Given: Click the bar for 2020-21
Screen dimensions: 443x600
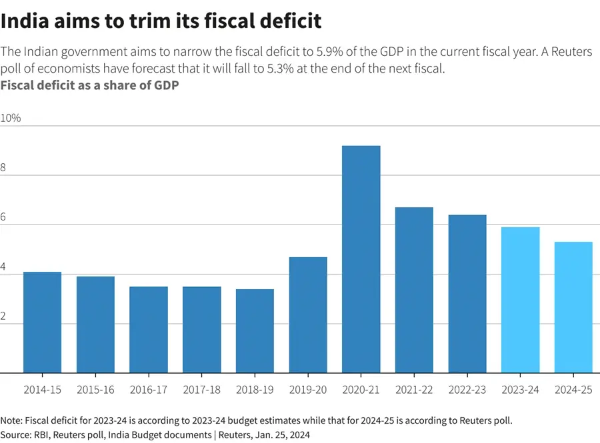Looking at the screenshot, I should coord(361,259).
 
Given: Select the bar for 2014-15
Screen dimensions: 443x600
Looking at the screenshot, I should coord(42,322).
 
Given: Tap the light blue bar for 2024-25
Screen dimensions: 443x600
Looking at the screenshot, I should coord(573,307).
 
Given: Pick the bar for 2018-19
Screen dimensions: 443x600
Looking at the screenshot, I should coord(255,331).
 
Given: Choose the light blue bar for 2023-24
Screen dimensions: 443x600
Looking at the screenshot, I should coord(520,300).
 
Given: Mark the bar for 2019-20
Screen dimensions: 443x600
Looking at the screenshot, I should coord(308,315).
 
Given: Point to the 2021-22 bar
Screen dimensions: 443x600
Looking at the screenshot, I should coord(414,290).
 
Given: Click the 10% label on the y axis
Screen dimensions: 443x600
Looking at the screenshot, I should coord(11,118).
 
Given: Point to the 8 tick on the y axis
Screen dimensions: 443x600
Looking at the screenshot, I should coord(3,168).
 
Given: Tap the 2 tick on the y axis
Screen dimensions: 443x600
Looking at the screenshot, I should coord(3,316).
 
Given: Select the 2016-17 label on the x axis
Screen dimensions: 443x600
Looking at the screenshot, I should coord(148,390).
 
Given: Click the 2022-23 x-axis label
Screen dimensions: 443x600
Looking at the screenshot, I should coord(467,390).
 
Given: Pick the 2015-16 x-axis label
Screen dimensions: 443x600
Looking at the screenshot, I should coord(95,390).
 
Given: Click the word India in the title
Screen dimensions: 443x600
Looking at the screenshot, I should coord(26,21).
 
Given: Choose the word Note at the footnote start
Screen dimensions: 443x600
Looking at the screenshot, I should coord(11,420).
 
